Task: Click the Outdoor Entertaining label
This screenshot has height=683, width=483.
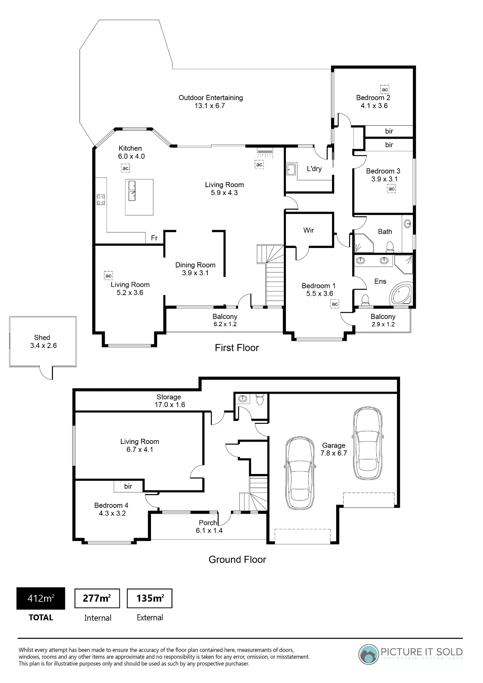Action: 211,98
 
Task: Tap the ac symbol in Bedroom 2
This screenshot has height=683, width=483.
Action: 385,89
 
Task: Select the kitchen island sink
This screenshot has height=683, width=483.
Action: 132,191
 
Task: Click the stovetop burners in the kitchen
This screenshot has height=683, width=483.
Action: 101,199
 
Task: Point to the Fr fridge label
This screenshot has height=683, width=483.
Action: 154,238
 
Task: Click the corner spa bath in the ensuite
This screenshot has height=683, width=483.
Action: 401,293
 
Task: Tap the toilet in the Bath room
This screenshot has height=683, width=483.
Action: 390,246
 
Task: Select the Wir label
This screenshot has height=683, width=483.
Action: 308,230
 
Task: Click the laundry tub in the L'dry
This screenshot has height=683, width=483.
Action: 291,169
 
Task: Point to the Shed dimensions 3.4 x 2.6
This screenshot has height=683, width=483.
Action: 43,346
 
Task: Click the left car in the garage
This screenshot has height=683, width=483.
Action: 300,473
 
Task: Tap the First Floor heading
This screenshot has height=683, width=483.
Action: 237,348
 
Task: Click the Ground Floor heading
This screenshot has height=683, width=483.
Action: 237,559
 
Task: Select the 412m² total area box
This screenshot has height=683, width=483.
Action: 41,598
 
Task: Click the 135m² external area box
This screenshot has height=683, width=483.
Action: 150,598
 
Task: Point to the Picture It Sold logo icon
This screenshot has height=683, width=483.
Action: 368,654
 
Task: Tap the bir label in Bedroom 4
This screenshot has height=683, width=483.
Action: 128,486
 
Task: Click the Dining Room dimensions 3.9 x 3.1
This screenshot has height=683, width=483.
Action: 195,273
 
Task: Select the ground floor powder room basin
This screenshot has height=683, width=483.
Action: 243,399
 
